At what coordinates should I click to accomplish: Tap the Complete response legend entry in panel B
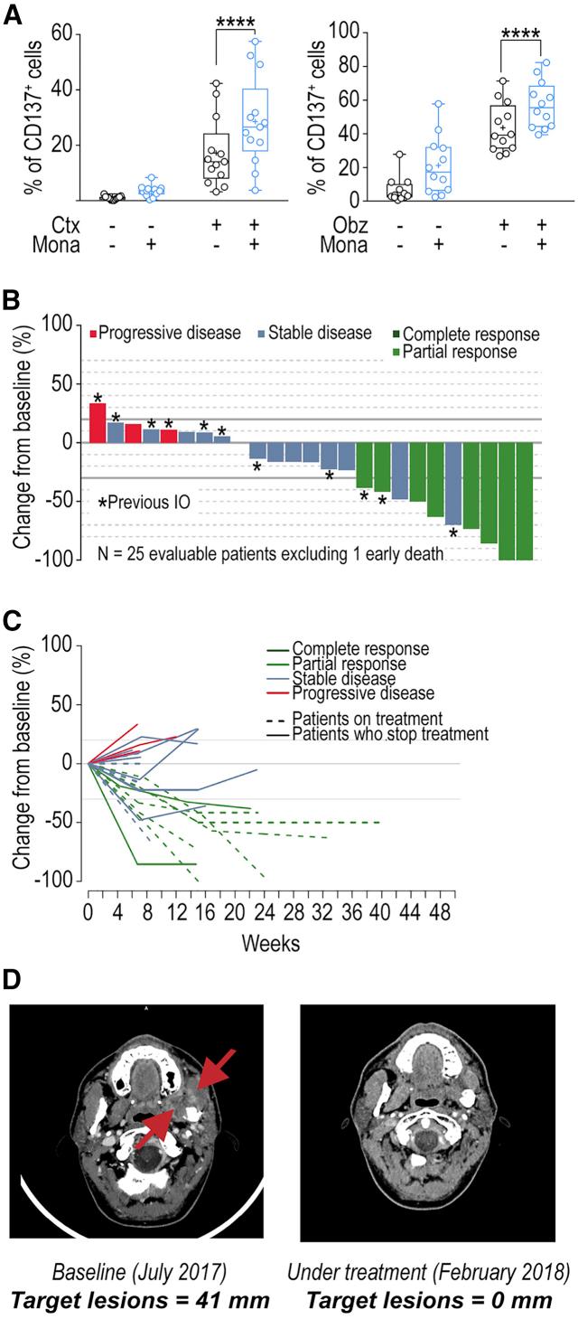(x=470, y=334)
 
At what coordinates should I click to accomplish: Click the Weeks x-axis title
(x=271, y=942)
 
